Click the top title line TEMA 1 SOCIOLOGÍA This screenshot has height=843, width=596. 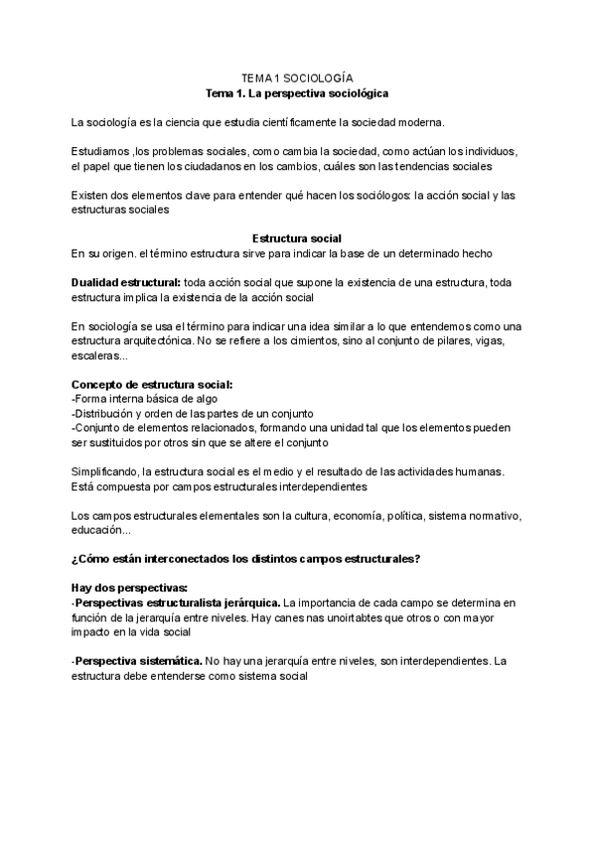click(x=297, y=77)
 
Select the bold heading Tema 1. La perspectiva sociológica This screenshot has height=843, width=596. click(x=297, y=92)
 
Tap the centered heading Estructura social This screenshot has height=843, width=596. click(x=297, y=239)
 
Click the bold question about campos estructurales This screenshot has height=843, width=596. click(x=246, y=559)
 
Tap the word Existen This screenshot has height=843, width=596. click(x=90, y=195)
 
